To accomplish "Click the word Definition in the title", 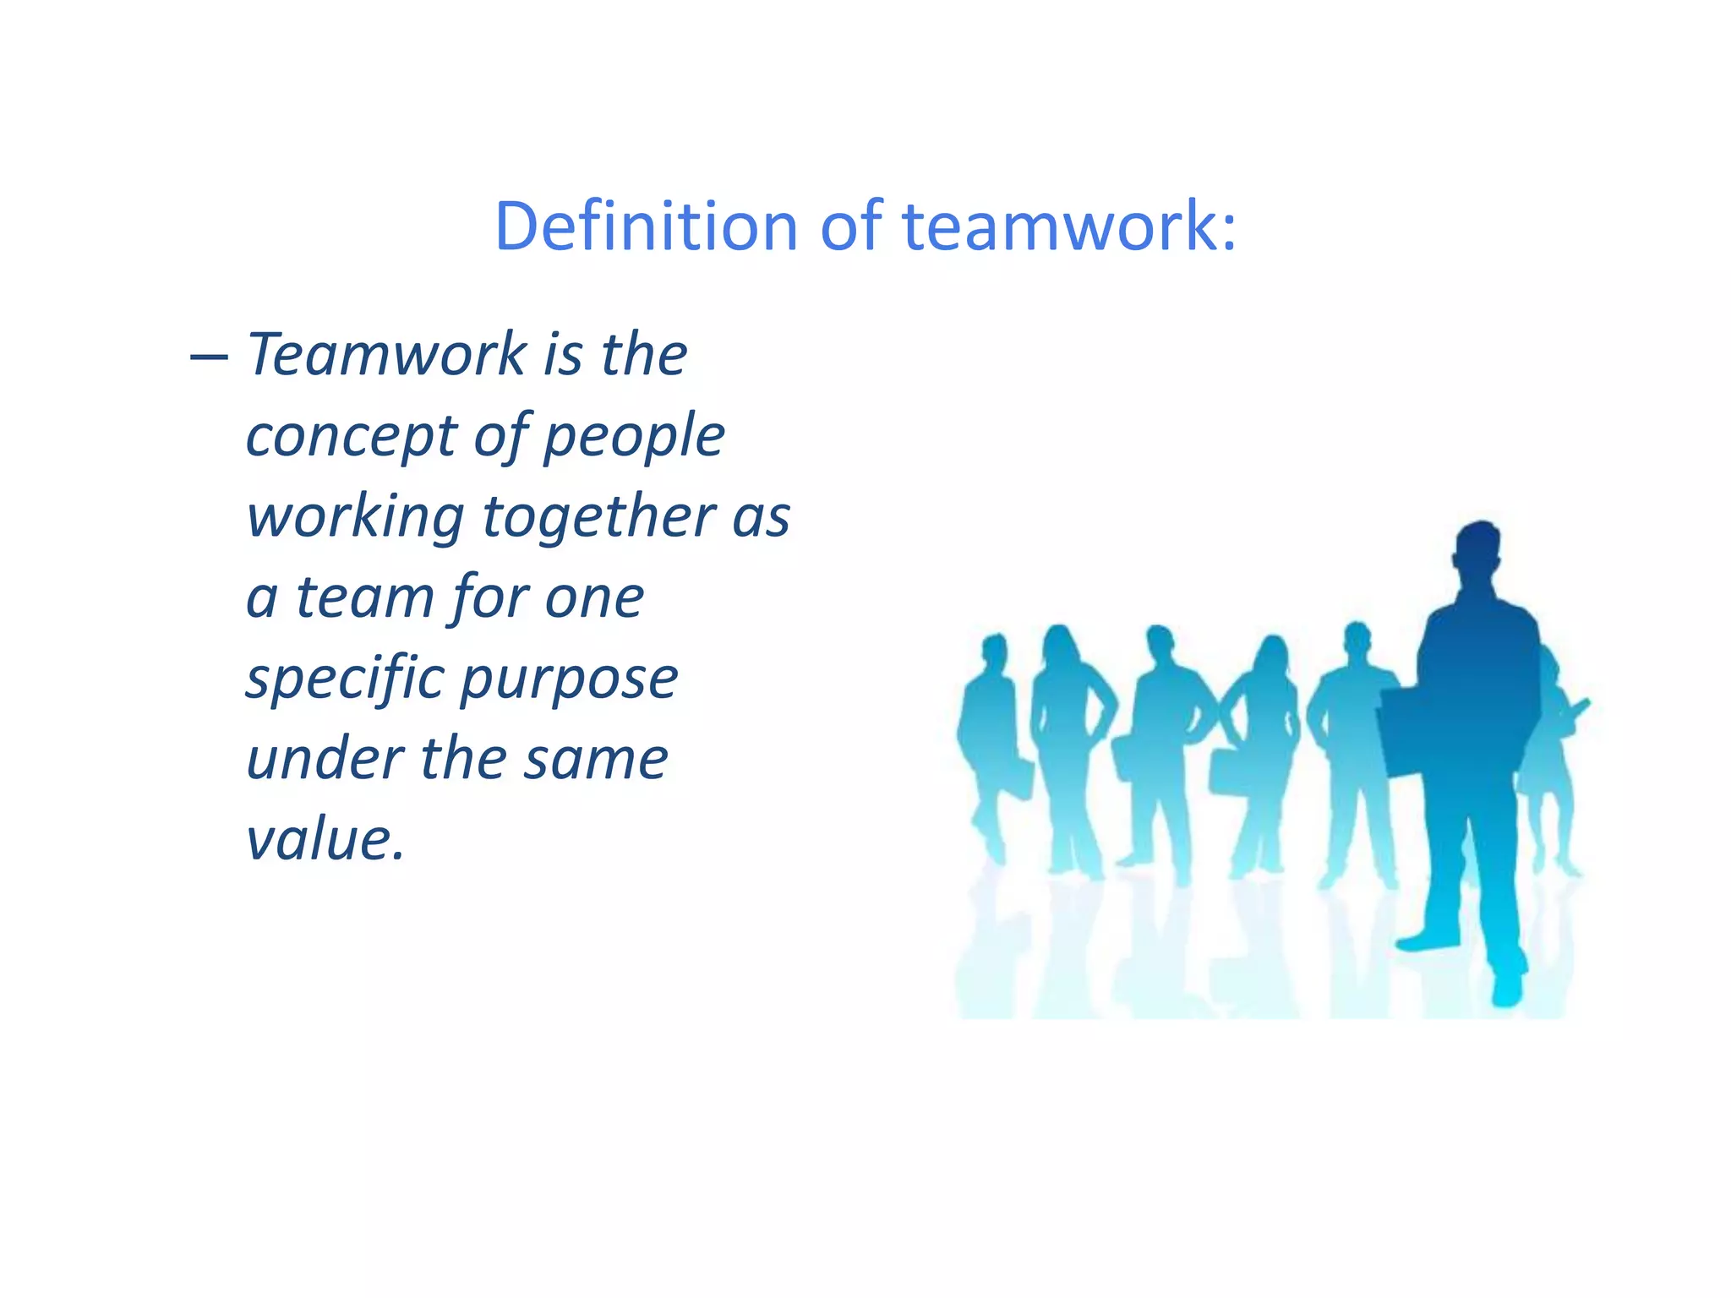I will [x=647, y=226].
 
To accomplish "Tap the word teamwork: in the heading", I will [x=1069, y=226].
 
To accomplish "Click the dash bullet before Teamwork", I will [x=209, y=356].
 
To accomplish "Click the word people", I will [x=634, y=438].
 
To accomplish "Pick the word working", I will [x=355, y=517].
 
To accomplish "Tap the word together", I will [x=599, y=517].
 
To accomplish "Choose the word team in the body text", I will [x=364, y=597].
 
